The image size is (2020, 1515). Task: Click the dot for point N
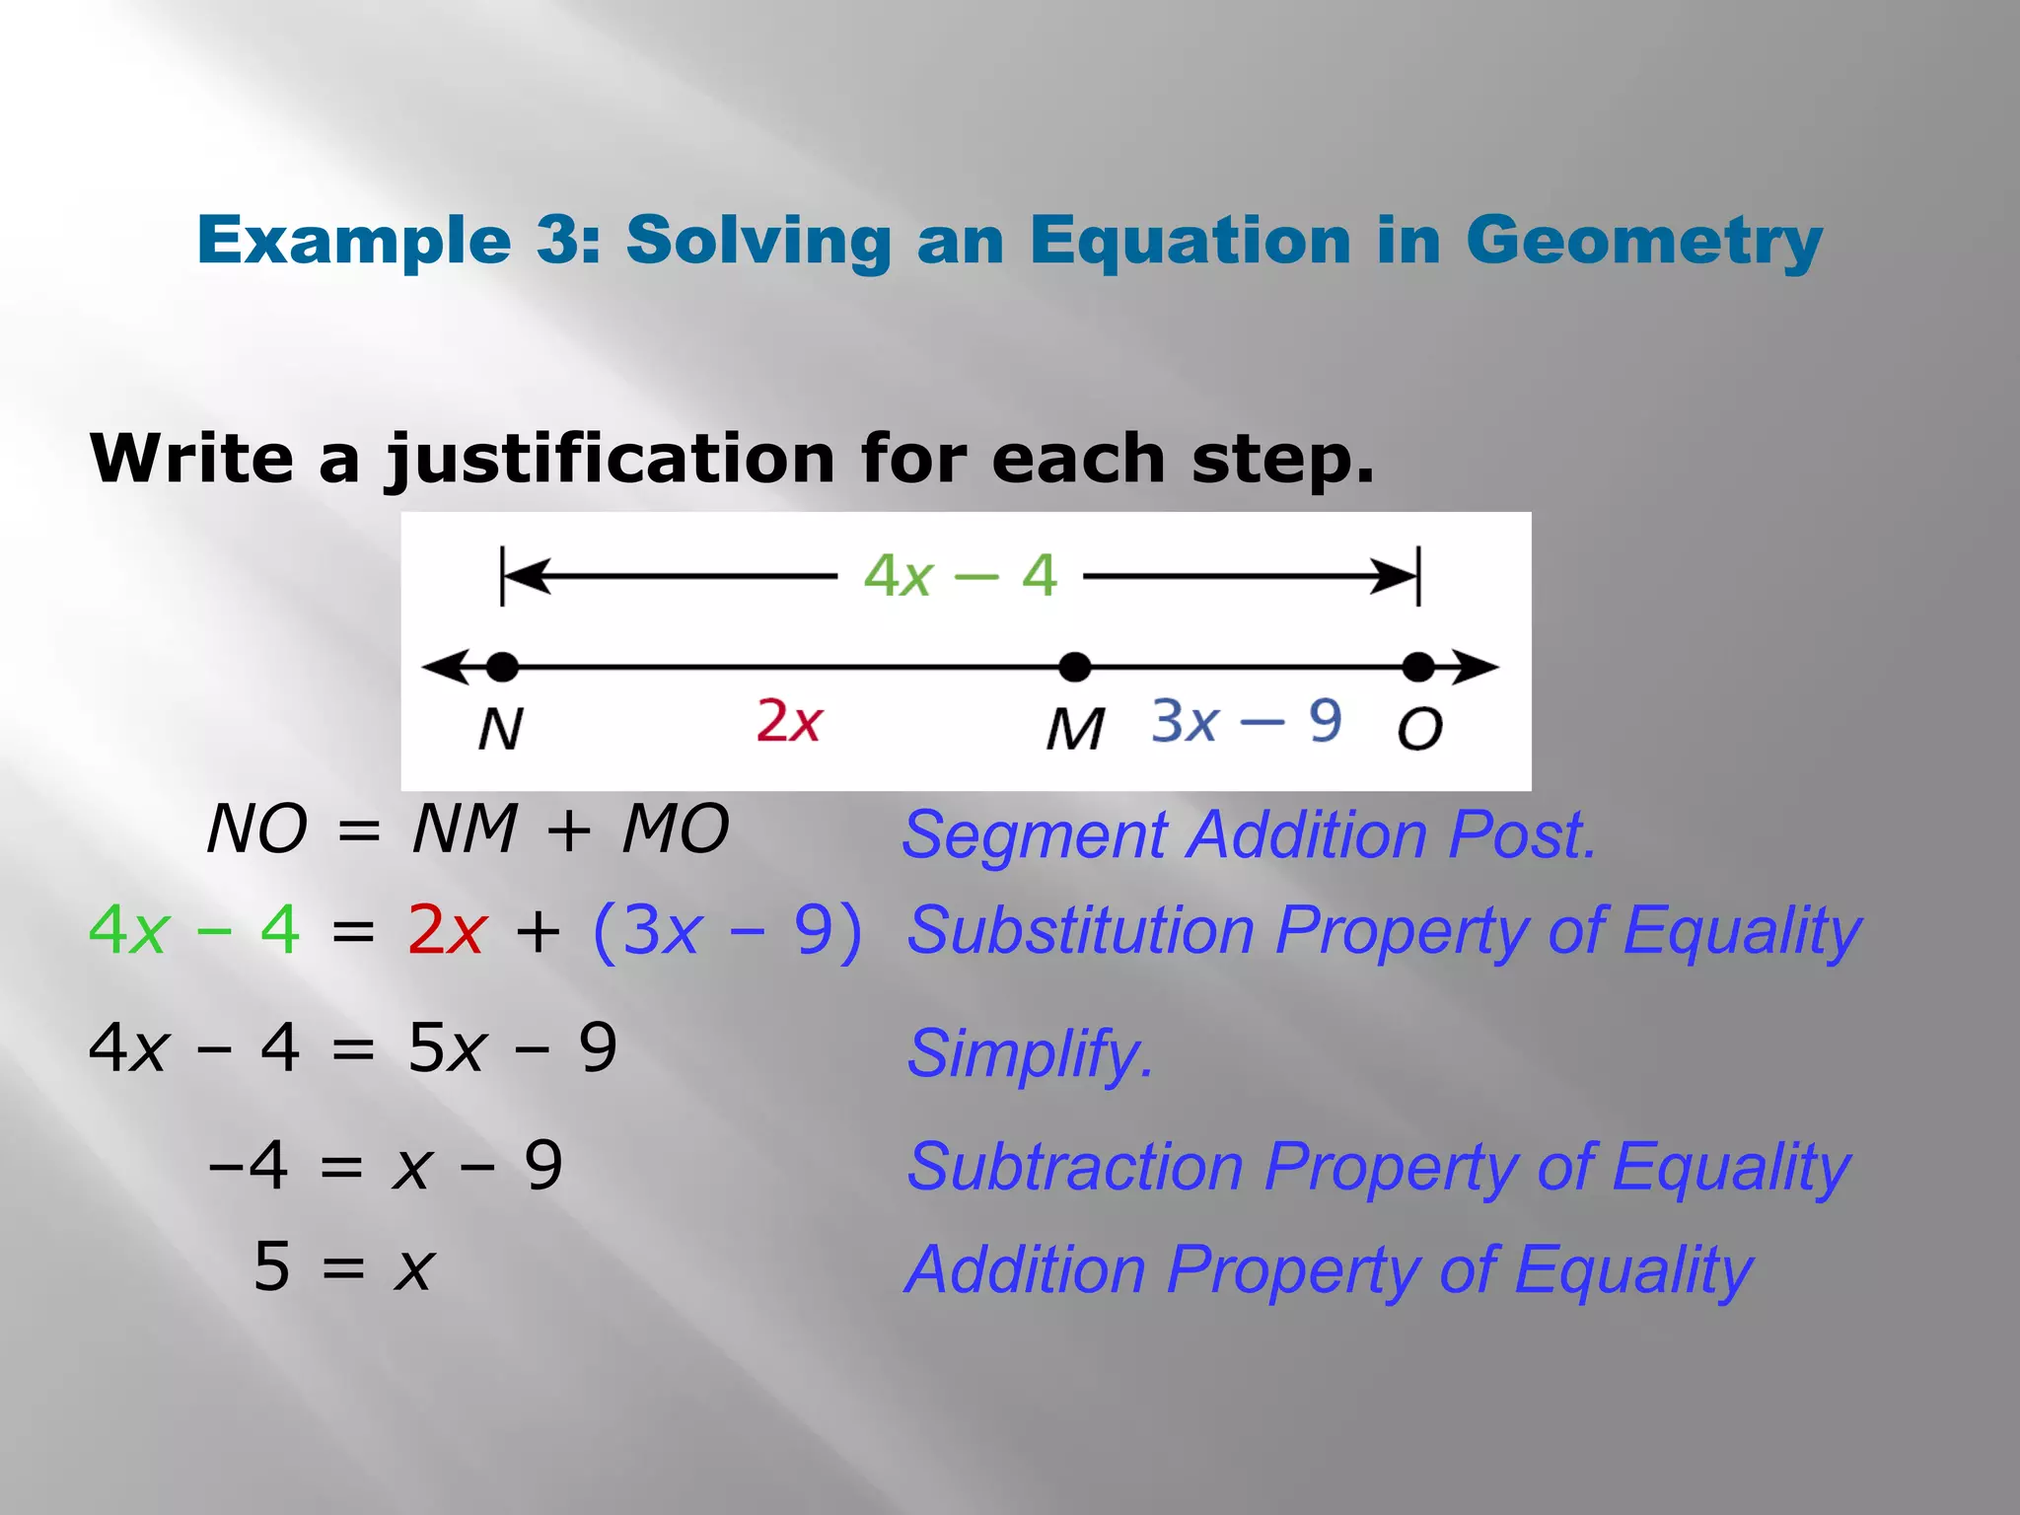pos(502,667)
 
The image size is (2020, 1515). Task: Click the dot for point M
pos(1074,667)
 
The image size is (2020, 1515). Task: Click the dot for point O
pos(1418,667)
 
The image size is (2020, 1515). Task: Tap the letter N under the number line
pos(500,730)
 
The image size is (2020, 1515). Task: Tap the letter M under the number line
pos(1075,730)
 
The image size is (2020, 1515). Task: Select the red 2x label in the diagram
pos(788,721)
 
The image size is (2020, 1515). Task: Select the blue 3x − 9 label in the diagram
pos(1247,721)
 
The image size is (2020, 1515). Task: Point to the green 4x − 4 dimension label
pos(960,575)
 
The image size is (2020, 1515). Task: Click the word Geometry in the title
pos(1643,242)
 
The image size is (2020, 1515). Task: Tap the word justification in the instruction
pos(611,460)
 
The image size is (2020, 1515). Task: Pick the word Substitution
pos(1080,930)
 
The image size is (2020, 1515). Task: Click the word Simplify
pos(1029,1053)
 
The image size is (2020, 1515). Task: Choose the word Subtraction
pos(1074,1167)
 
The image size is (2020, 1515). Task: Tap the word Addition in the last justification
pos(1025,1269)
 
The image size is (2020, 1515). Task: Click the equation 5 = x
pos(343,1266)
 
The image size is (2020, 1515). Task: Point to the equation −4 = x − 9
pos(386,1166)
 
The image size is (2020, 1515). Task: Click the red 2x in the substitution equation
pos(447,930)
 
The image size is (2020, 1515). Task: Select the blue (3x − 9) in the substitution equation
pos(727,930)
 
